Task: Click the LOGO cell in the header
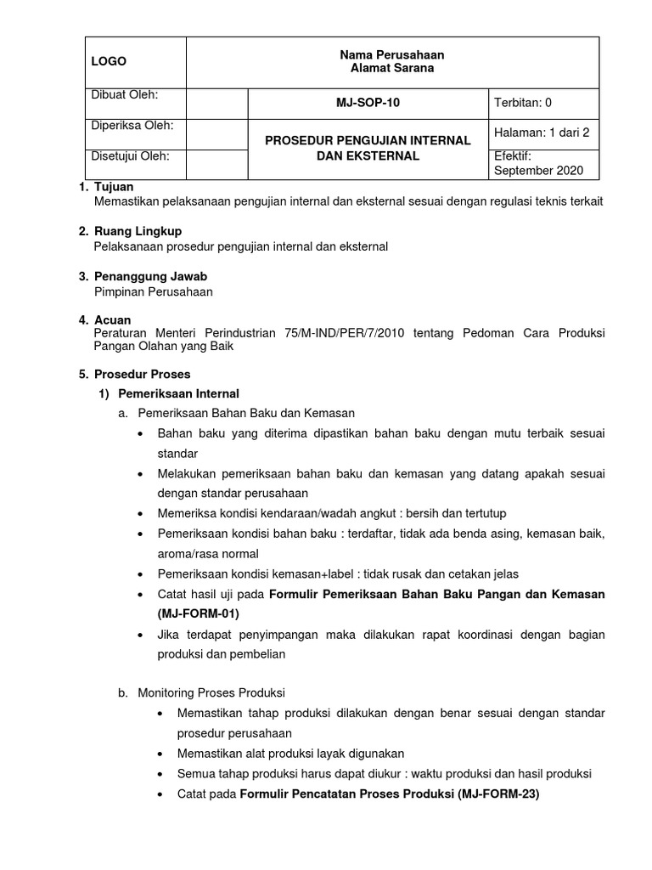pos(110,61)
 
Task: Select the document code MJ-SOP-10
pos(368,103)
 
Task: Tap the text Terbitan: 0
pos(523,103)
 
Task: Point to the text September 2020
pos(538,171)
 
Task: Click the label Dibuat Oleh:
pos(125,94)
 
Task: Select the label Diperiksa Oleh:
pos(132,125)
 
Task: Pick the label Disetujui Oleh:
pos(130,155)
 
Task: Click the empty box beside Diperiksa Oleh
pos(216,133)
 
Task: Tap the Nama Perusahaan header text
pos(391,54)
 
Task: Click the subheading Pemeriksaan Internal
pos(178,393)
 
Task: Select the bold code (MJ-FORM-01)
pos(198,613)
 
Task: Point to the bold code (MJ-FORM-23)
pos(498,794)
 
